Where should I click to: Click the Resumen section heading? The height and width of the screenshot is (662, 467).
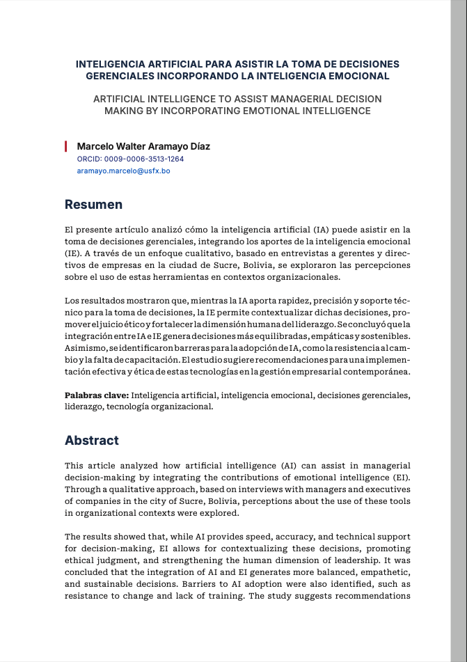(x=93, y=205)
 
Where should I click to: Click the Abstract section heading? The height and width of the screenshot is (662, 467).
(x=92, y=441)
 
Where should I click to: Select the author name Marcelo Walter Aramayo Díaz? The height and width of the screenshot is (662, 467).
(x=143, y=146)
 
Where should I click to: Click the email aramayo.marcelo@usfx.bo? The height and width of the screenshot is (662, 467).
(x=123, y=171)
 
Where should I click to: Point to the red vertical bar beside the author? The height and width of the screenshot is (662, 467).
(x=65, y=146)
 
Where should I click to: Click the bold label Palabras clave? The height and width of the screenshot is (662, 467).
(x=97, y=395)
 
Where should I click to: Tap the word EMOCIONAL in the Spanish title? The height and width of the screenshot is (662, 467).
(x=360, y=76)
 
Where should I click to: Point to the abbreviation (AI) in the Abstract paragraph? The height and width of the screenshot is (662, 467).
(x=292, y=465)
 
